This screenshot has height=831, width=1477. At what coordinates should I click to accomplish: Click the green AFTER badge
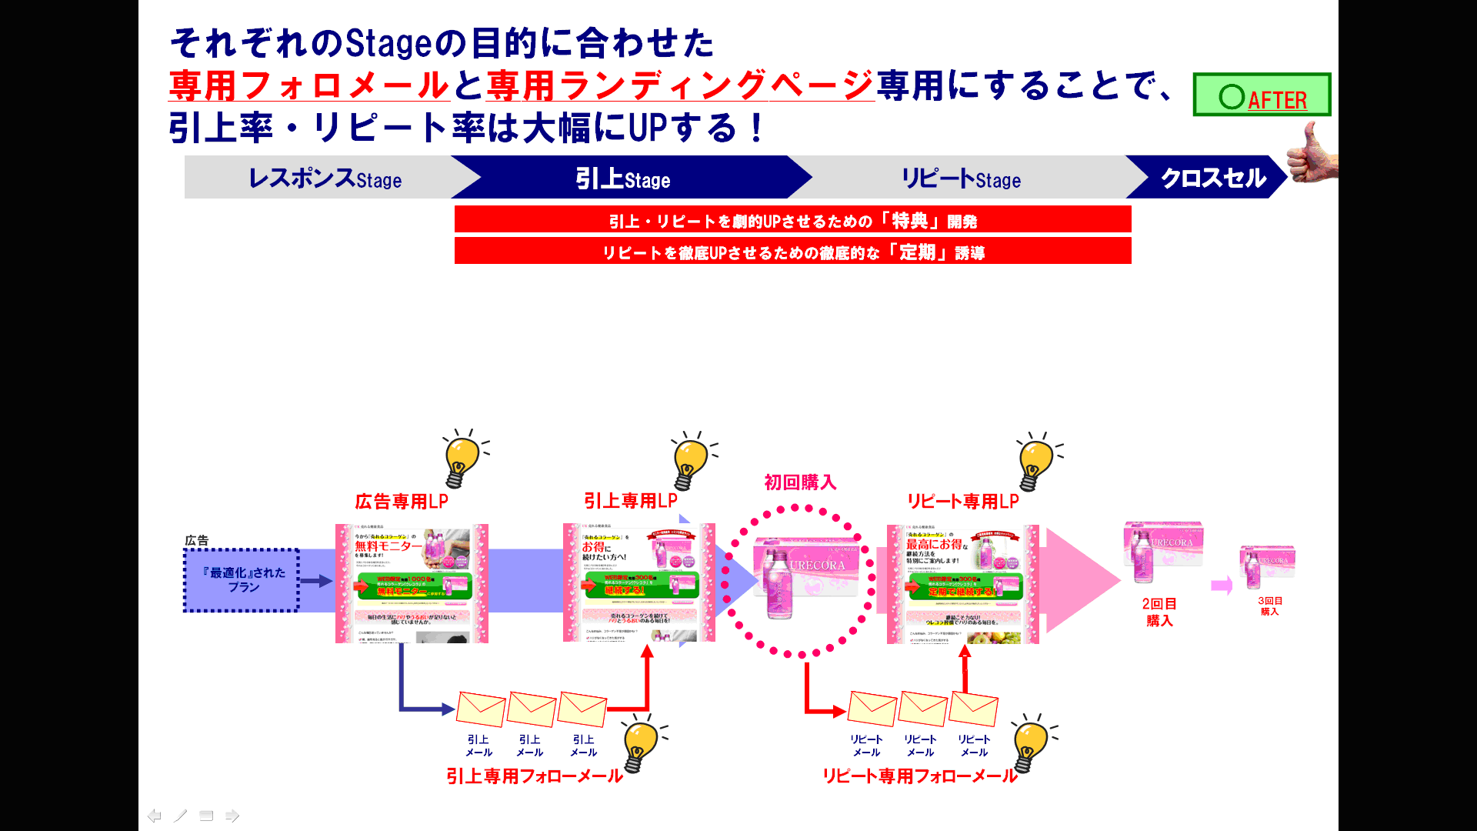(x=1262, y=95)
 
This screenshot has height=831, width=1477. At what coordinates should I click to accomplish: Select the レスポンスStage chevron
(x=323, y=178)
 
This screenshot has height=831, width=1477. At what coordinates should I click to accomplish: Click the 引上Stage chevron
(x=623, y=178)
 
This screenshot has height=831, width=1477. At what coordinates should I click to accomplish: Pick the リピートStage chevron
(x=962, y=178)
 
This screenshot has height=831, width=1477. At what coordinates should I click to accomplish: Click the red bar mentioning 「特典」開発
(x=792, y=220)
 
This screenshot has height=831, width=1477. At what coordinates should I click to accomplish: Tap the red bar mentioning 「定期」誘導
(x=792, y=252)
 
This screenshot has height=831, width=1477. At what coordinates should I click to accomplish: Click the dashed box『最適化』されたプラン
(x=242, y=580)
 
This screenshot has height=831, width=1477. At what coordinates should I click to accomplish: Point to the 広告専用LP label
(x=401, y=502)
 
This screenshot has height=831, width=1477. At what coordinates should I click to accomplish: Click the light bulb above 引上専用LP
(x=690, y=461)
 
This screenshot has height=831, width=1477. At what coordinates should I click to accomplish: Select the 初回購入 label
(x=799, y=482)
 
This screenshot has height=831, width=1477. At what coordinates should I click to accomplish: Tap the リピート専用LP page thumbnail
(x=962, y=584)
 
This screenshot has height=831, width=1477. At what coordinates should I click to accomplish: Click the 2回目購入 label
(x=1159, y=612)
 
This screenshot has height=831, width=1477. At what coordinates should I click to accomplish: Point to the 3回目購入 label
(x=1269, y=606)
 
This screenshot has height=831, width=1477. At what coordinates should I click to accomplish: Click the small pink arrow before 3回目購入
(x=1221, y=586)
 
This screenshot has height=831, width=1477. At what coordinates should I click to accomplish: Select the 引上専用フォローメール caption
(x=534, y=776)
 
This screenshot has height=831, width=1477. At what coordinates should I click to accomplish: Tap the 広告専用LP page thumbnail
(x=412, y=584)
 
